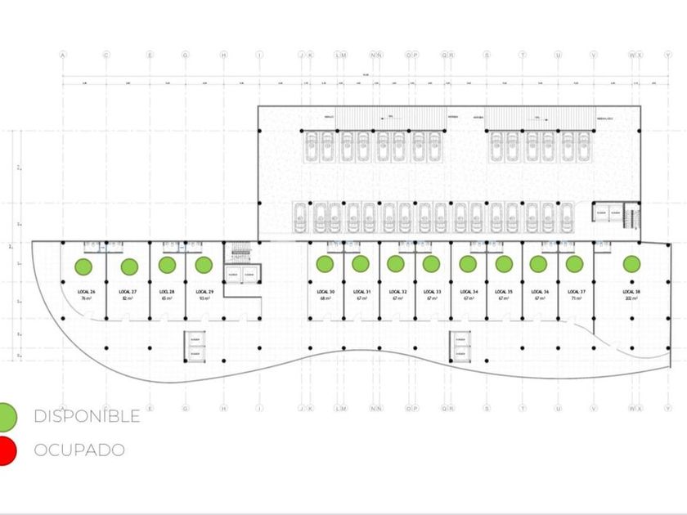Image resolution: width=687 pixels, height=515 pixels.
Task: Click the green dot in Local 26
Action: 83,266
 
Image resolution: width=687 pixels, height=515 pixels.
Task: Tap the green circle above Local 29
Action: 204,265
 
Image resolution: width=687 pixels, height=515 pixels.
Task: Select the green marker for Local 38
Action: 631,264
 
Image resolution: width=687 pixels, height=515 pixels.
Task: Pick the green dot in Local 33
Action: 431,264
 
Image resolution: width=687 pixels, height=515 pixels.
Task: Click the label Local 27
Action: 128,292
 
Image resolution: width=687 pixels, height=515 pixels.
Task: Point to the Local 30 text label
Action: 325,292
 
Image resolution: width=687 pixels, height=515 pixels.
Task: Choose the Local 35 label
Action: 504,292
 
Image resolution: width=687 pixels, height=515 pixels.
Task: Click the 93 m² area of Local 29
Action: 204,299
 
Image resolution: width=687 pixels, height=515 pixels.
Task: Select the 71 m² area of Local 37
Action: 575,299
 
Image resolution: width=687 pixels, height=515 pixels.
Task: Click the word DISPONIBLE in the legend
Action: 87,416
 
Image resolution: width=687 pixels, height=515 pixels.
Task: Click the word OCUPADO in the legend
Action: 79,450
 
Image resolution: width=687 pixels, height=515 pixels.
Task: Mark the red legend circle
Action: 6,450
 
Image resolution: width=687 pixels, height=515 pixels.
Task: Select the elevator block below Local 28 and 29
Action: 195,347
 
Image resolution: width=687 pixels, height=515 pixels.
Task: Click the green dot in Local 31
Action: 360,264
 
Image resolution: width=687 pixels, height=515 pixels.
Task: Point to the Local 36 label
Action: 539,292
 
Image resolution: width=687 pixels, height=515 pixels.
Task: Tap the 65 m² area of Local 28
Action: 166,299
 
